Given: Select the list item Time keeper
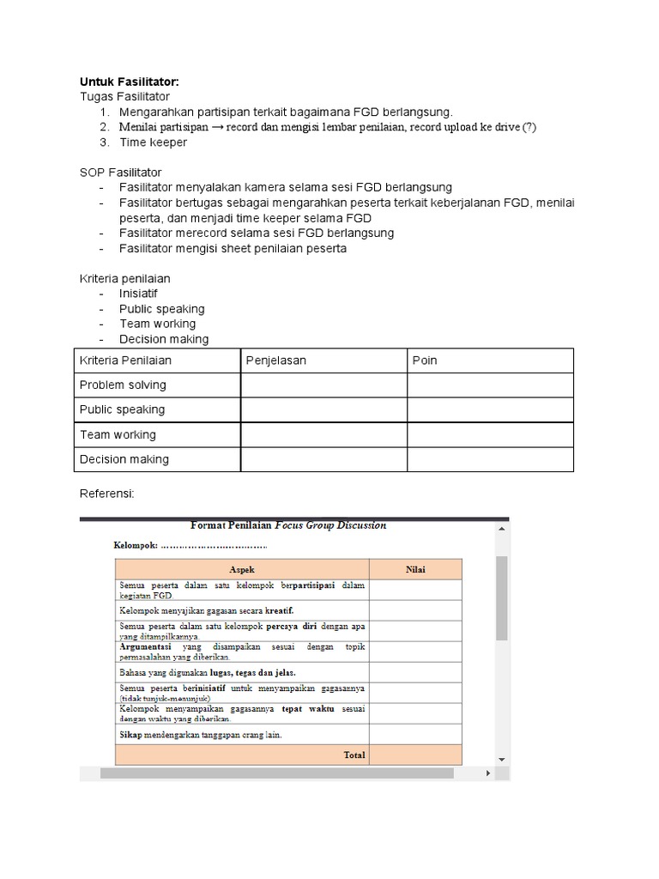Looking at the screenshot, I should (153, 142).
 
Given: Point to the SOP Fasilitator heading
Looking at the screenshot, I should (120, 173).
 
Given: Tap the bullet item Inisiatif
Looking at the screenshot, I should (138, 294).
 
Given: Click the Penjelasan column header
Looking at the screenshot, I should (275, 361).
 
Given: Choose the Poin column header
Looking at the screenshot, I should (425, 361).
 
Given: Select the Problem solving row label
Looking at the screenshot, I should (123, 385).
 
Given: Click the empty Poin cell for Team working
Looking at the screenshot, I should (490, 434).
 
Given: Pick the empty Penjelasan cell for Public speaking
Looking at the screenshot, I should (323, 409).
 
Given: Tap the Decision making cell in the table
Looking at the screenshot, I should (124, 459).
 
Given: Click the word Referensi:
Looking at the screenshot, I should (107, 494).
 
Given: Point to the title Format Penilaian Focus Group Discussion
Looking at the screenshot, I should (287, 525).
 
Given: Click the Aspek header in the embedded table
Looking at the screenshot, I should (242, 569).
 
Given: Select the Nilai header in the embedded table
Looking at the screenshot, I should (415, 569).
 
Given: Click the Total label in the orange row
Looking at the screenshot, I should (354, 755).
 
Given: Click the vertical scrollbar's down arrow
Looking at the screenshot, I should (502, 759).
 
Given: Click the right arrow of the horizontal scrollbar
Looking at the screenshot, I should (490, 773).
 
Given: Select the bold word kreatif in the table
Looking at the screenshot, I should (279, 611).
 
